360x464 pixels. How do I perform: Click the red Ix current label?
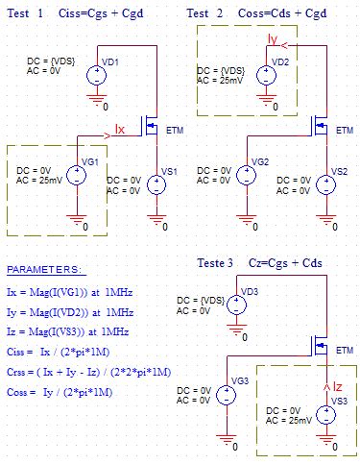coord(121,128)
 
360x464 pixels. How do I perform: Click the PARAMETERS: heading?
coord(44,269)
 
